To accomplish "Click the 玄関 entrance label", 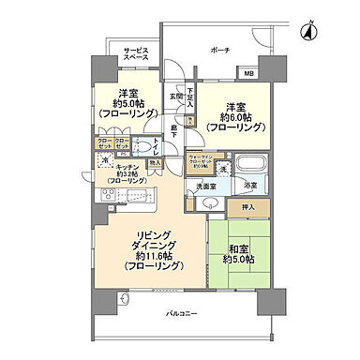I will (175, 96).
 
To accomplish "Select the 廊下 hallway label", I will (173, 135).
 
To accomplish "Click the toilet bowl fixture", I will (145, 144).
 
